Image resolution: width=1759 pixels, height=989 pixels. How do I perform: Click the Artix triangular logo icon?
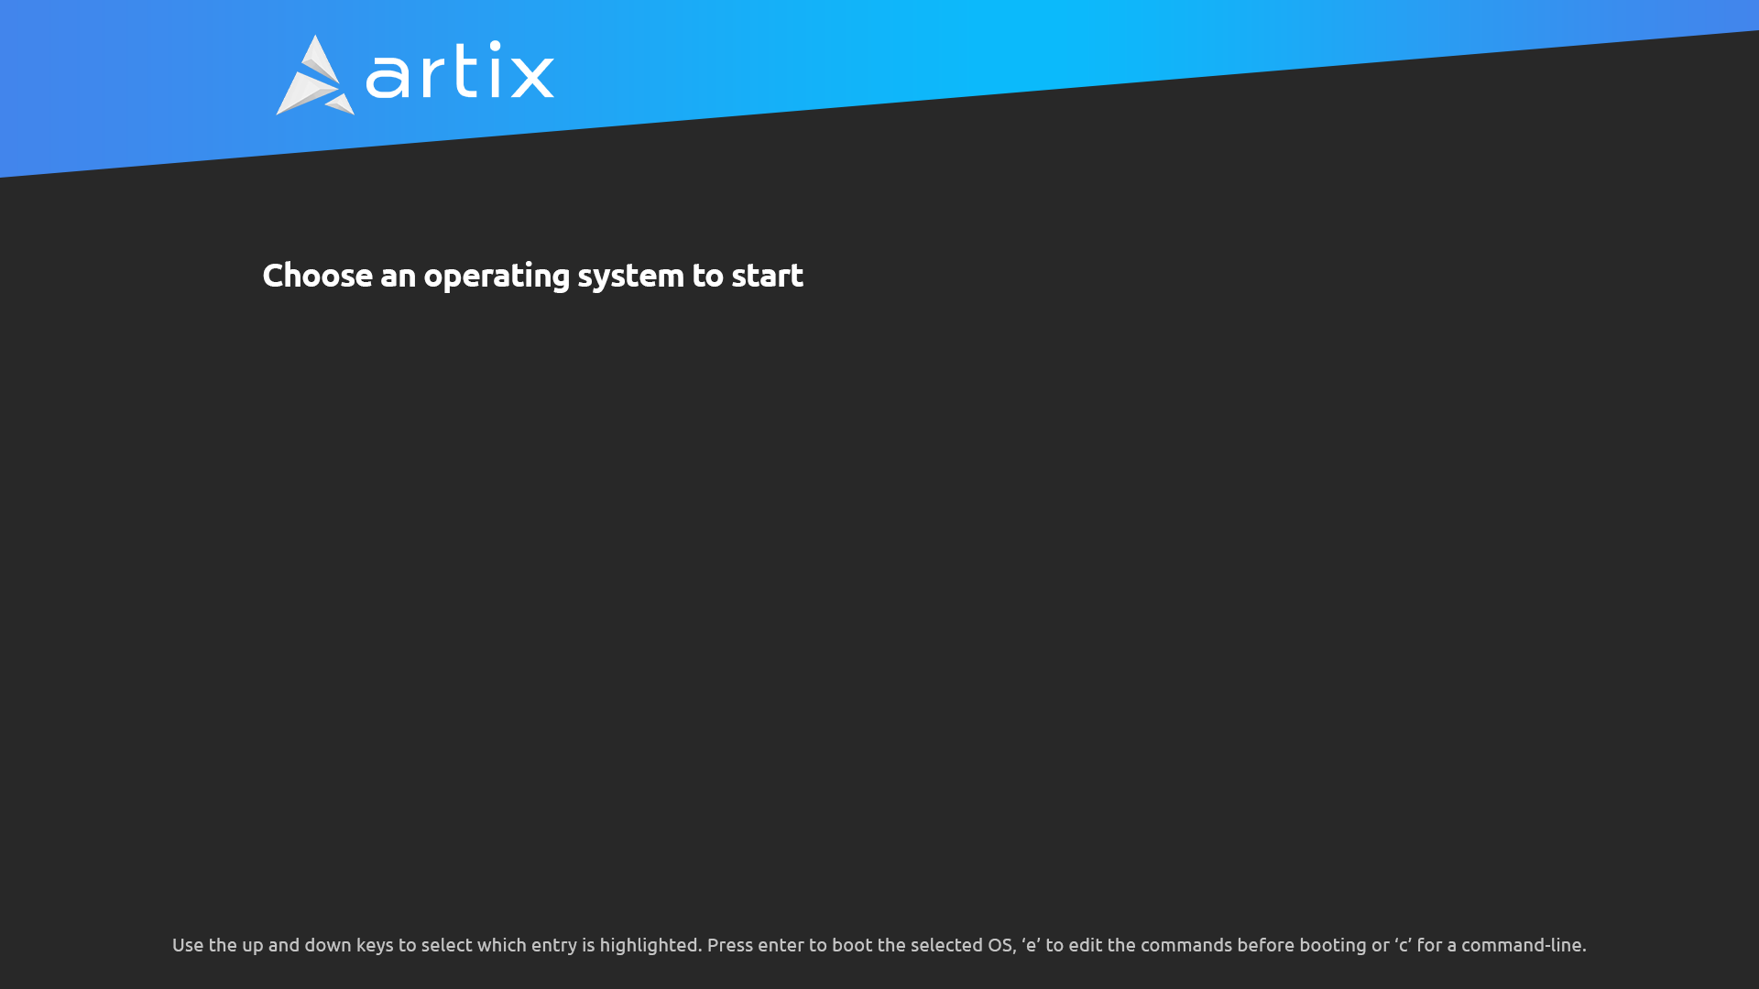point(315,75)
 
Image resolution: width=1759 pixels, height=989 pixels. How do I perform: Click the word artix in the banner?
point(460,70)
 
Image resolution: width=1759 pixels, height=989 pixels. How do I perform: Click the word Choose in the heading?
point(318,276)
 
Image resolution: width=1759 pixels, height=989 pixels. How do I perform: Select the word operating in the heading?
point(497,277)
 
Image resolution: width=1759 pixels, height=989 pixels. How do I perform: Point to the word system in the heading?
point(630,277)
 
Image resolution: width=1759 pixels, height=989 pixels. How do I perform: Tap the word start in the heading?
point(767,276)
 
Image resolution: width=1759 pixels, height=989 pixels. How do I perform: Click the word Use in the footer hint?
point(188,945)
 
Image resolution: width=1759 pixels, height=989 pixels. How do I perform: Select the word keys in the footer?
point(375,946)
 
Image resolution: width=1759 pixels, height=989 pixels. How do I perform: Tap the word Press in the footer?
point(730,945)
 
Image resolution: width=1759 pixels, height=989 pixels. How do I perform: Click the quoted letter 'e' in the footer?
point(1031,945)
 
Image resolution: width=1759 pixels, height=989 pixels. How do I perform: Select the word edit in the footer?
point(1086,945)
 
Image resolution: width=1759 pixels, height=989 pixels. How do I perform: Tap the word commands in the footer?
point(1186,945)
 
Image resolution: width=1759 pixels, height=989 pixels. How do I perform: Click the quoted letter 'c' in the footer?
point(1403,945)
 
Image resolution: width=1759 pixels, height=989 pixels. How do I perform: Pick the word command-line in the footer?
point(1524,945)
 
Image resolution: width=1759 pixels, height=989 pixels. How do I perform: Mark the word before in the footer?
point(1266,945)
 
